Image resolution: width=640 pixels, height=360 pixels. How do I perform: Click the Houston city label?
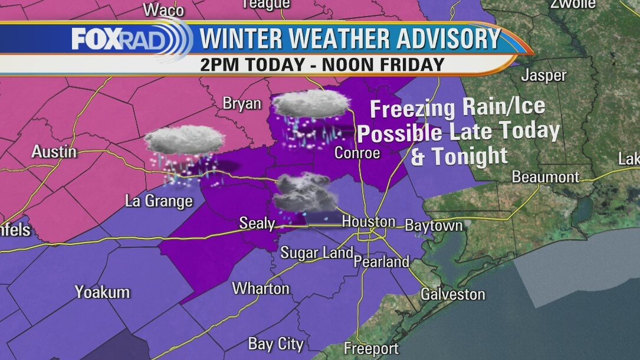coord(369,222)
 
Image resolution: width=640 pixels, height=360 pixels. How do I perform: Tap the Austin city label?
coord(54,152)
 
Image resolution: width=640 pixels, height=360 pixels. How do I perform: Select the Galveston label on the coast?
coord(452,294)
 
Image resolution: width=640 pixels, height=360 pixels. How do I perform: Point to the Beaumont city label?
coord(546,176)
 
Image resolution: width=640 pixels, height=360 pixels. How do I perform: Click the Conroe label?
coord(357,152)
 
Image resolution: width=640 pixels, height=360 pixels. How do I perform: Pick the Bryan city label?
coord(242,103)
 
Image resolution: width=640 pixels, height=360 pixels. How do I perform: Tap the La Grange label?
coord(159,201)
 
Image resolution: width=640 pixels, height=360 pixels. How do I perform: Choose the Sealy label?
coord(257,223)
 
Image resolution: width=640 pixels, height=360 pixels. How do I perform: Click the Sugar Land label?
coord(317,253)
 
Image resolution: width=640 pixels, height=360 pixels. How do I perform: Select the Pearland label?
coord(381,261)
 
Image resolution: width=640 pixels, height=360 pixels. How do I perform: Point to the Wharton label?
coord(261,289)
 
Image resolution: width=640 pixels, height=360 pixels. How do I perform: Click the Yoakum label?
coord(102,292)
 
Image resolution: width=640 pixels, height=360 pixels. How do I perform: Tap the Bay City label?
coord(275,343)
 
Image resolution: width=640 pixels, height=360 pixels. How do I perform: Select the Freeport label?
coord(371,349)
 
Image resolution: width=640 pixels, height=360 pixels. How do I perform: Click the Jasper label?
coord(543,76)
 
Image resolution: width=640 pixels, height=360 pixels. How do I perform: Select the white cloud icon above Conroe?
coord(311,104)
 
